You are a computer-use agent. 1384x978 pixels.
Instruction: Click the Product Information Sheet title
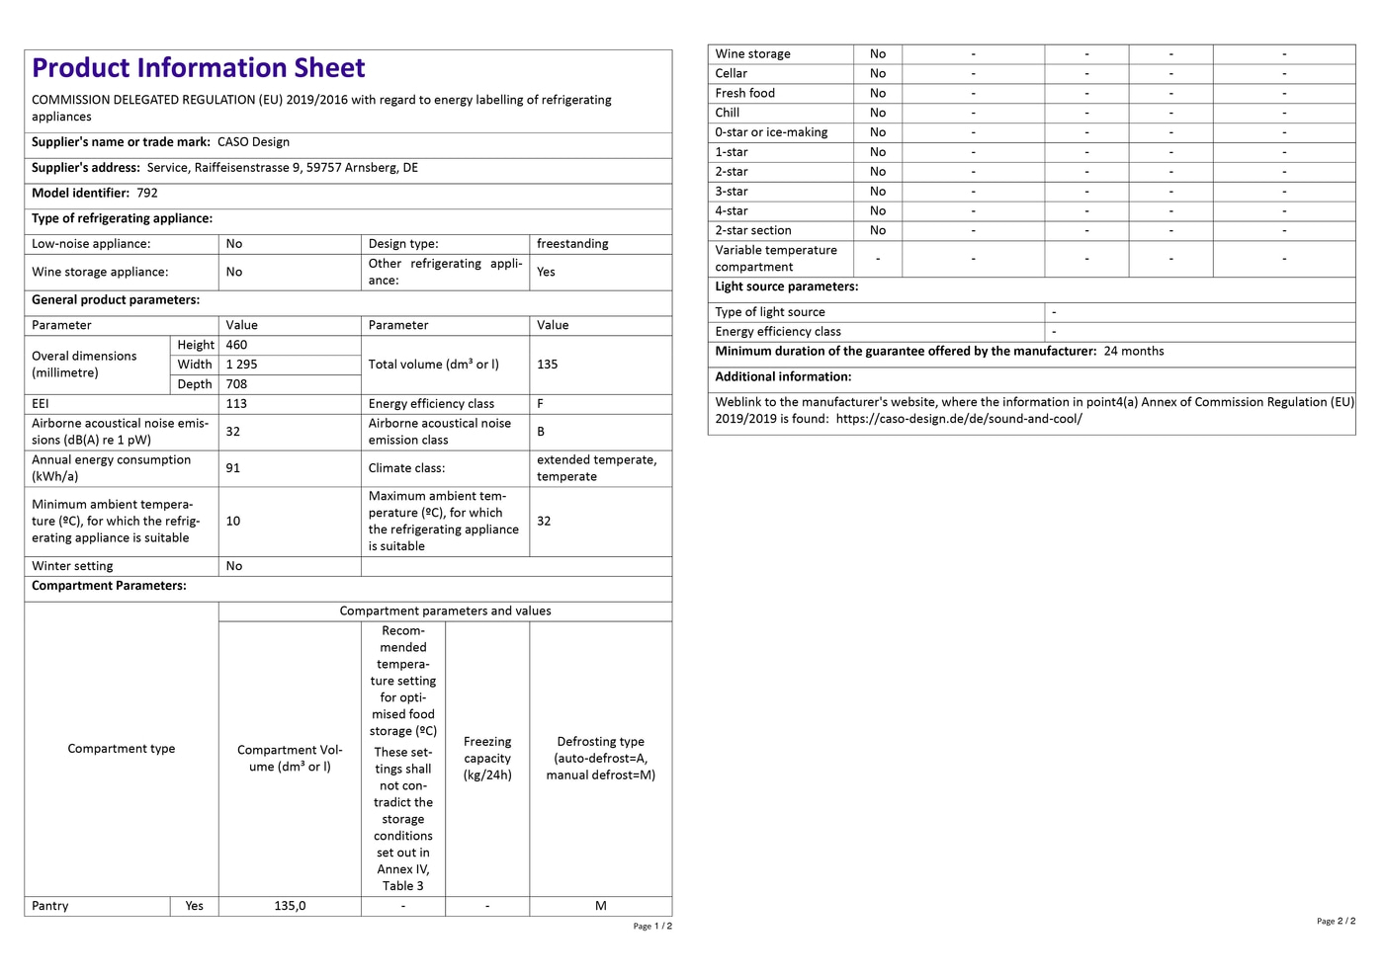199,68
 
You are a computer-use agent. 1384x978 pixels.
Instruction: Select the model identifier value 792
147,194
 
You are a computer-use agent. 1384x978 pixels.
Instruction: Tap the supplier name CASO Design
253,142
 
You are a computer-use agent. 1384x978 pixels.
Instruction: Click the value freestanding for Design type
572,244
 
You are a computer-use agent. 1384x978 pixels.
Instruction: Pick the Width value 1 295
241,365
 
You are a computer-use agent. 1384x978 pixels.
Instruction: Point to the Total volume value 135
547,365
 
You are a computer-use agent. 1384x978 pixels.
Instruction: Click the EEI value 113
236,404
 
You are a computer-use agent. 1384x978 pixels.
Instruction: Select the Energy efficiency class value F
541,404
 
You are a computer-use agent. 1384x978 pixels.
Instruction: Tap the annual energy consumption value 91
233,468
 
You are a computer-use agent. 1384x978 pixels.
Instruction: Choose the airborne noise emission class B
541,432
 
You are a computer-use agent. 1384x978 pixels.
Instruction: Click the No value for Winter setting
234,566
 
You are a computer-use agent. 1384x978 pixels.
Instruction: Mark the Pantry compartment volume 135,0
290,906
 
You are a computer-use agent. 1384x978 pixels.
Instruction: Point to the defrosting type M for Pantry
600,906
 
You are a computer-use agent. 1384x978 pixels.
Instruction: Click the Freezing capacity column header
487,759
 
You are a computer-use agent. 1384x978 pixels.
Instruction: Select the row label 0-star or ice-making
771,132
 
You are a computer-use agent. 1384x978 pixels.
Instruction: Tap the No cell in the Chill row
878,113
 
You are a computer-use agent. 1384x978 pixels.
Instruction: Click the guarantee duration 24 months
1134,352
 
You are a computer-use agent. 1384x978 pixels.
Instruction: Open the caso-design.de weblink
958,419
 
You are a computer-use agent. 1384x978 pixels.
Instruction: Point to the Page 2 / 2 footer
1336,921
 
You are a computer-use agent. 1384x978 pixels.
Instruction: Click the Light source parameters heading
786,286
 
